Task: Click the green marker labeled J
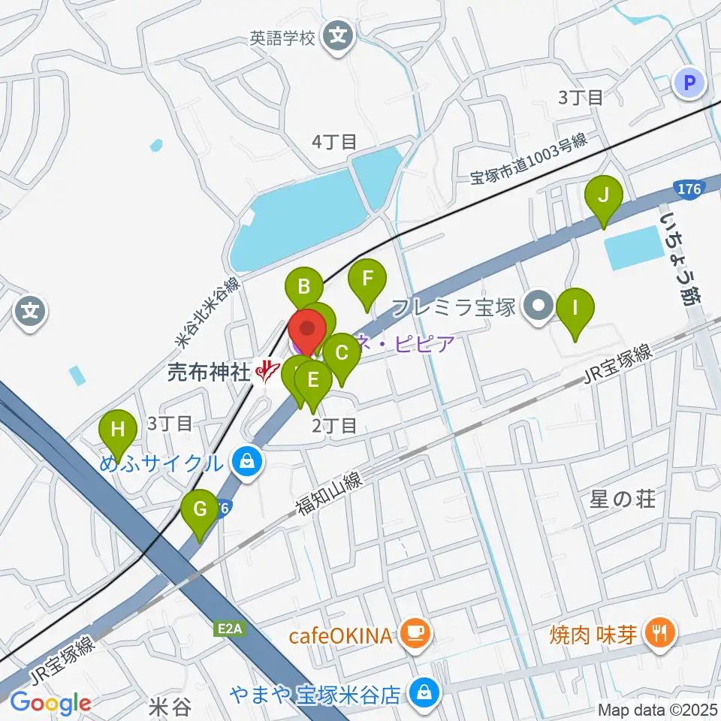point(604,198)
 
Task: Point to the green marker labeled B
point(304,288)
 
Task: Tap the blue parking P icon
point(690,83)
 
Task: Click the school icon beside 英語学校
point(338,35)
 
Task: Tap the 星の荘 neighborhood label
point(623,499)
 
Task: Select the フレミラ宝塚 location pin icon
point(539,308)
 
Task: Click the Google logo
point(50,704)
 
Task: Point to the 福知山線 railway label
point(329,493)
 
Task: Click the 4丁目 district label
point(334,141)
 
